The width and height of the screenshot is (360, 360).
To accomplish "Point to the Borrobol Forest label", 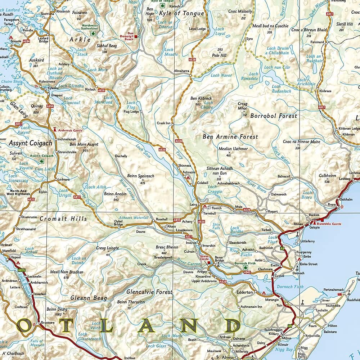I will click(274, 116).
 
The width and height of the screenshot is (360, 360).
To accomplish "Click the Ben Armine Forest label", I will click(230, 137).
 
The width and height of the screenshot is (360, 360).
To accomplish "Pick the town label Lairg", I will click(194, 204).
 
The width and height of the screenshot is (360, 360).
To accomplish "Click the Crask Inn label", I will click(164, 123).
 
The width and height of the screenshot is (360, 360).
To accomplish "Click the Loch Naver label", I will click(221, 75).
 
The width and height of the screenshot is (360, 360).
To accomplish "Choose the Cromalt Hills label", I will click(63, 219).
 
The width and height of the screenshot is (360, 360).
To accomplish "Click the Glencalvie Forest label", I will click(149, 292).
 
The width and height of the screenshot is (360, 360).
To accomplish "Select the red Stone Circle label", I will click(204, 258).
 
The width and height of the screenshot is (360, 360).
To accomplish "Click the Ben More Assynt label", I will click(84, 144).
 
